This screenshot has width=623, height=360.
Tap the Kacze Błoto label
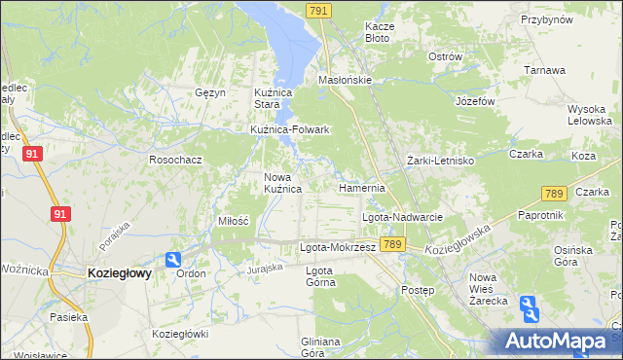tap(377, 32)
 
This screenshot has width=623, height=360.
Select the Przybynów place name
tap(546, 19)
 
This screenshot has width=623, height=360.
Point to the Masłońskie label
tap(346, 81)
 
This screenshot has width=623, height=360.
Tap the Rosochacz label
tap(175, 159)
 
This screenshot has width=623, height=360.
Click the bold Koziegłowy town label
tap(119, 274)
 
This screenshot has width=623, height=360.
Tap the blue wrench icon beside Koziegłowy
tap(172, 260)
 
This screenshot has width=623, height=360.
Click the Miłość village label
tap(233, 221)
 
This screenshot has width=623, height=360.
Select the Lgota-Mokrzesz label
tap(337, 247)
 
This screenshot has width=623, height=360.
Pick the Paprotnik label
tap(541, 215)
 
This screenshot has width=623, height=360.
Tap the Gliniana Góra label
tap(320, 347)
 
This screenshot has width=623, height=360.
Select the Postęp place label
tap(418, 290)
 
